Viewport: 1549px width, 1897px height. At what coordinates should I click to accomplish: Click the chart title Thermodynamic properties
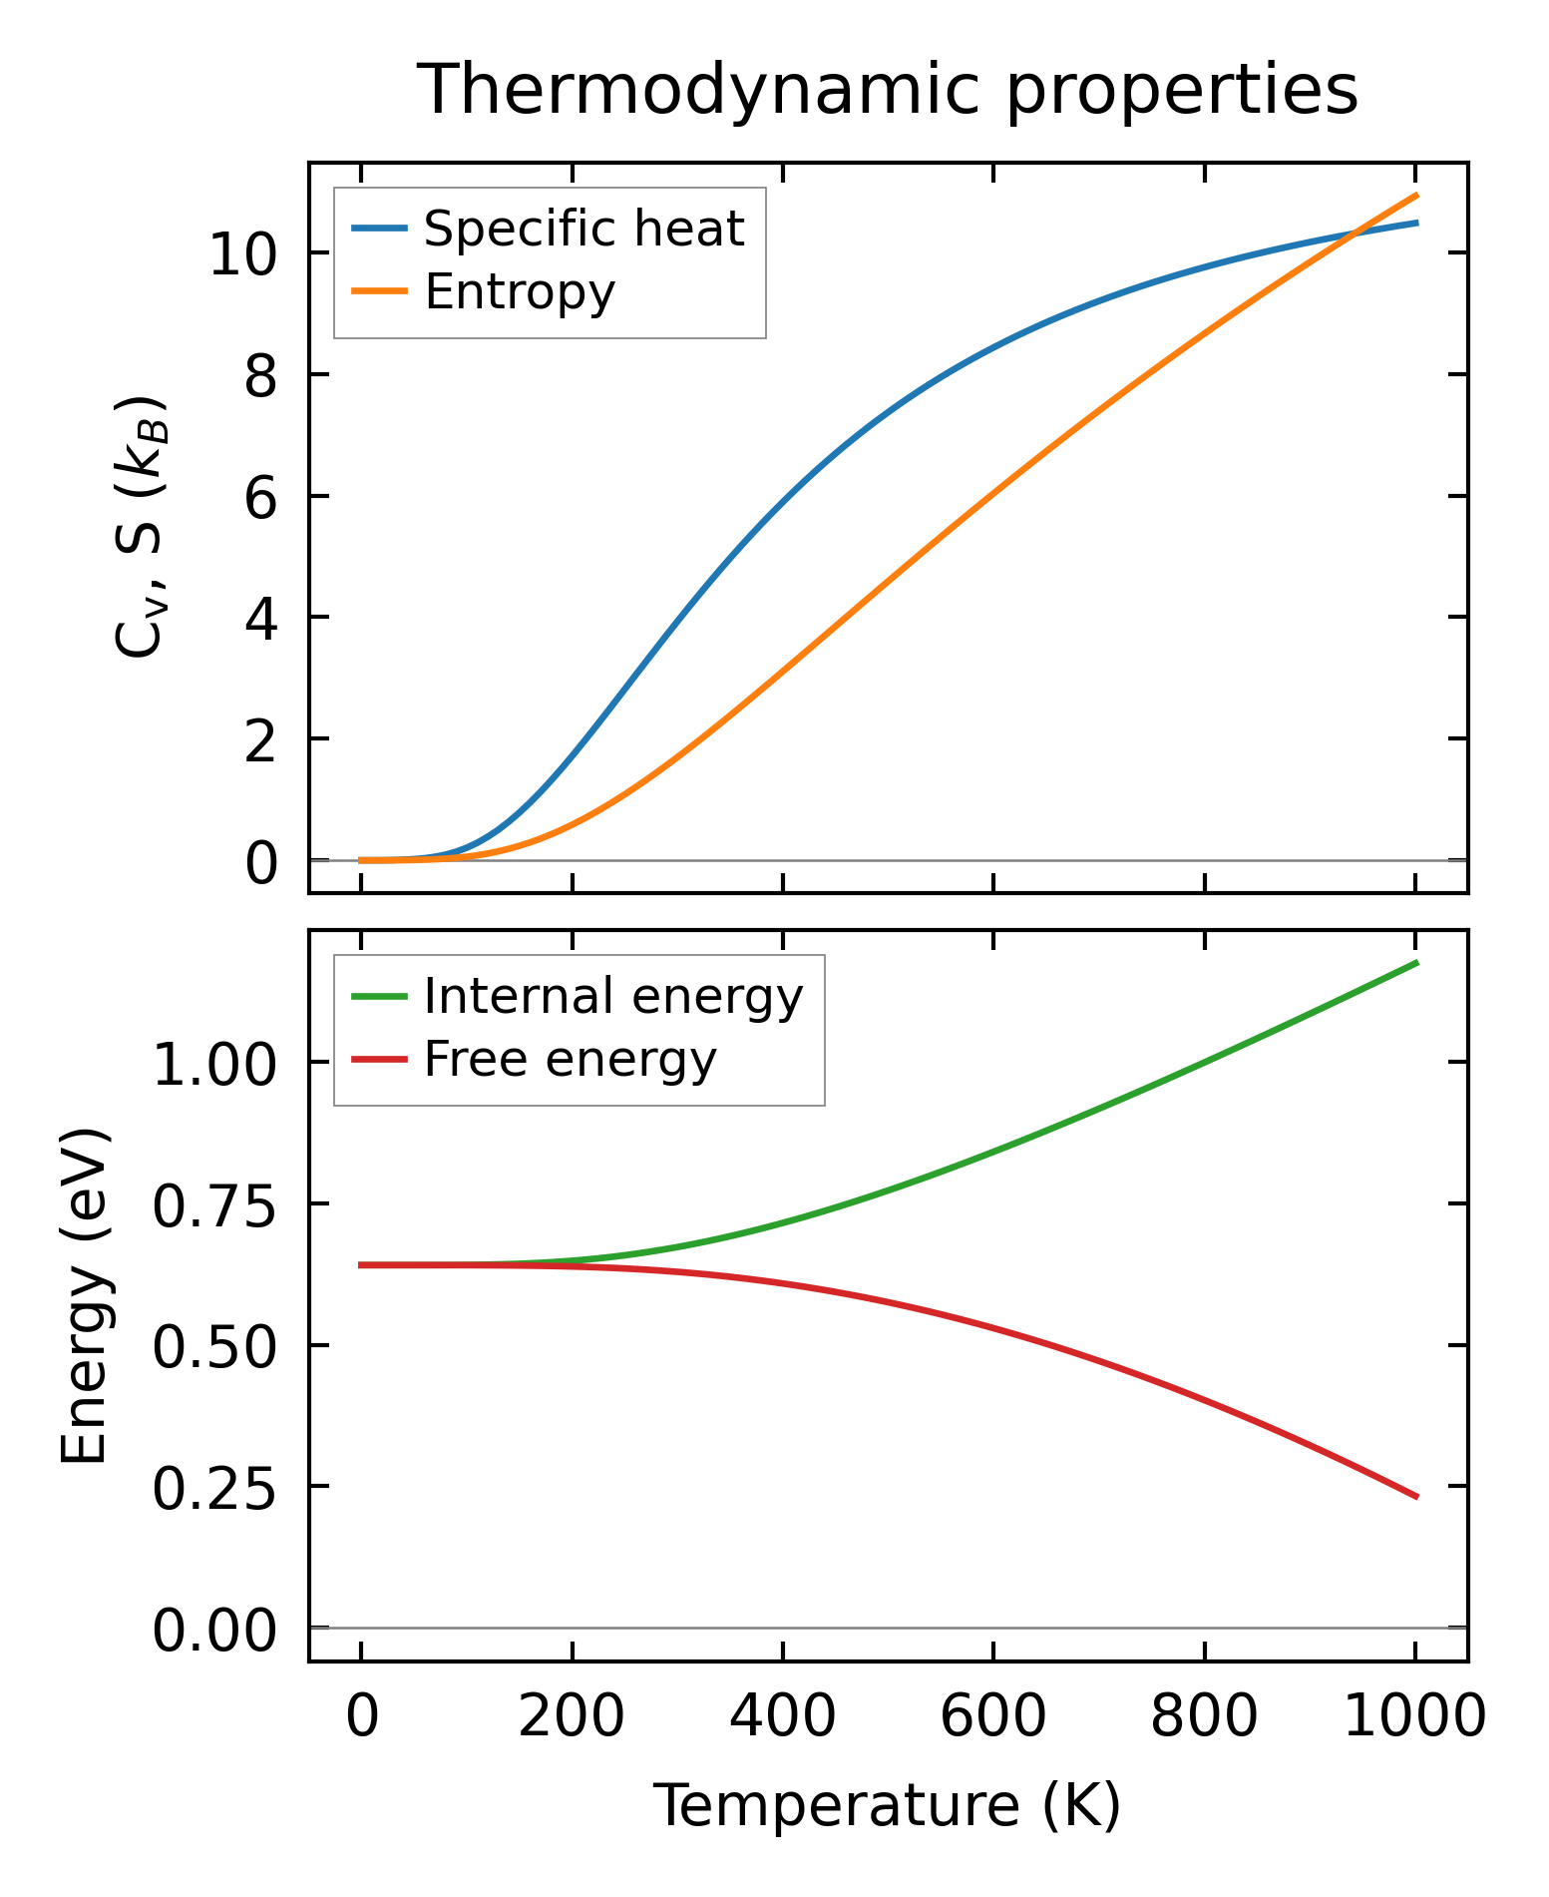(887, 91)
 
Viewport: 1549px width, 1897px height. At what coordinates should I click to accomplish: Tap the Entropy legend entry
(520, 291)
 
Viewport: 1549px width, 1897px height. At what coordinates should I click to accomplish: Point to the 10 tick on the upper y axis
(241, 254)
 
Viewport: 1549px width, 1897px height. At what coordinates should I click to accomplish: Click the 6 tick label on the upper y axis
(260, 497)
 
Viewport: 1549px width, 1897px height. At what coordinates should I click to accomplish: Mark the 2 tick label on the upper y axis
(260, 740)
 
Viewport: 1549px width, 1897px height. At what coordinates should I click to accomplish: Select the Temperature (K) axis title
(887, 1805)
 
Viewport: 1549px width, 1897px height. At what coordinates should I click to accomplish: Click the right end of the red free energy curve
(1416, 1497)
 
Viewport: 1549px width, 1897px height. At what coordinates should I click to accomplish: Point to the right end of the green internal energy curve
(1416, 962)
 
